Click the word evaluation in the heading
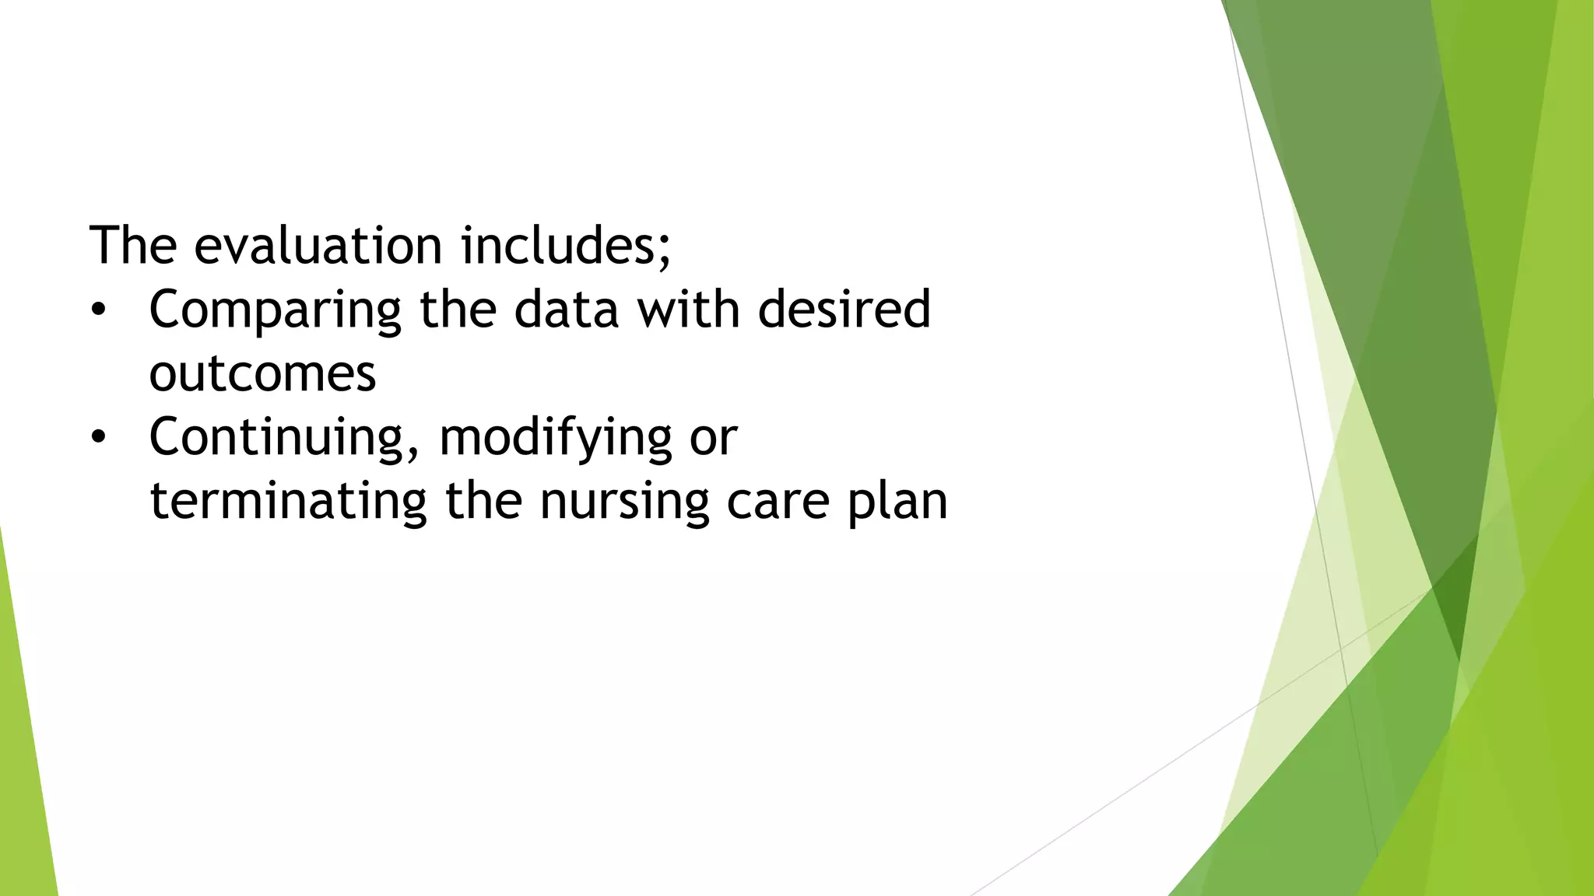(318, 246)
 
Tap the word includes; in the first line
(565, 246)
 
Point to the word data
(566, 310)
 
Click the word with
(688, 310)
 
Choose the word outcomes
(262, 374)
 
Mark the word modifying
(555, 439)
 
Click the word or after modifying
(713, 439)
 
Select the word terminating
(288, 501)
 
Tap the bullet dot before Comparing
(97, 310)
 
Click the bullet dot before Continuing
(97, 438)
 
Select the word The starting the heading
(133, 246)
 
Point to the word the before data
(458, 310)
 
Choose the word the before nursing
(483, 501)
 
